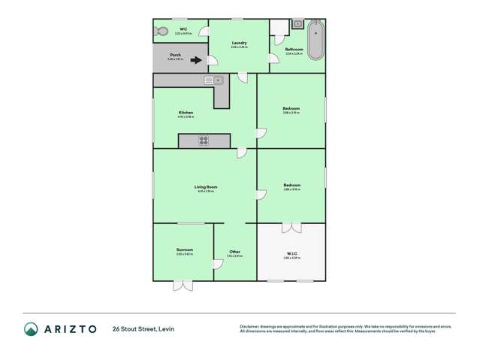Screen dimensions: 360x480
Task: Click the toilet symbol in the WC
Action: pos(162,32)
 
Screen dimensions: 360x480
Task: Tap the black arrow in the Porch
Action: pos(196,60)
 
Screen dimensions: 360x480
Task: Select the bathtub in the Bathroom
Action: pos(316,40)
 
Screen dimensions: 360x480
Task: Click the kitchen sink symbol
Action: pos(213,80)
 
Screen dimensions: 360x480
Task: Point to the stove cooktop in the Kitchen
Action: pos(204,141)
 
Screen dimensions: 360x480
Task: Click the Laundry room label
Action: pos(240,44)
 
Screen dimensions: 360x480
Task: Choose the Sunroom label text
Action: pos(185,250)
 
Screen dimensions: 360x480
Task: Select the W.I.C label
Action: pos(291,253)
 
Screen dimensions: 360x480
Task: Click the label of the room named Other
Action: pos(234,251)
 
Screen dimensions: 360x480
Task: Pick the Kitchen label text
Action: pos(186,113)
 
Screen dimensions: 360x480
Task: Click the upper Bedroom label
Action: pos(291,109)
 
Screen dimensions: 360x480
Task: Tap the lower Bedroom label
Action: pos(291,185)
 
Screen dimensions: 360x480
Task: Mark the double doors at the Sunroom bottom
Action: pos(183,285)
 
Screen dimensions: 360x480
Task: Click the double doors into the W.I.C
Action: pos(291,227)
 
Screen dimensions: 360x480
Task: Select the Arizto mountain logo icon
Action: pos(31,328)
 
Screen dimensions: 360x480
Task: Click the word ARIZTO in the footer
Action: pos(71,328)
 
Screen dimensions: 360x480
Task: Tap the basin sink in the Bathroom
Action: pos(297,24)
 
